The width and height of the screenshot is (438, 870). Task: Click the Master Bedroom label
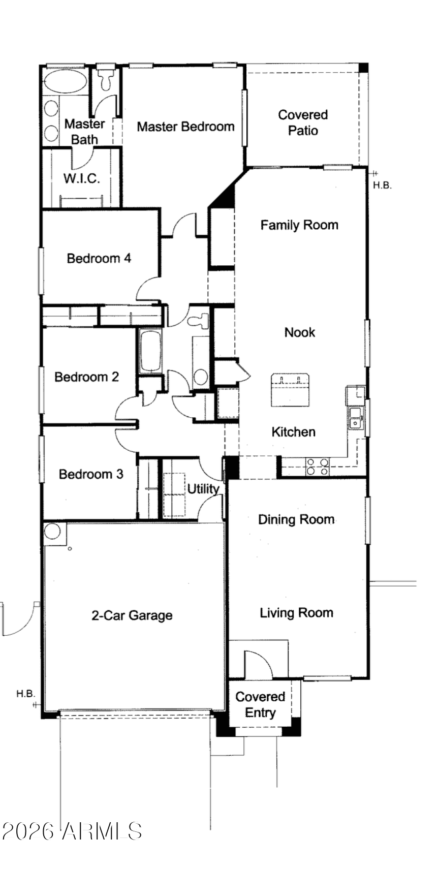(185, 127)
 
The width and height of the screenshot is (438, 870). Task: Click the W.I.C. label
(81, 179)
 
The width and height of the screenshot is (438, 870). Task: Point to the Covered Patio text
(303, 122)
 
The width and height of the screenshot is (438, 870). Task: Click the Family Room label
(299, 225)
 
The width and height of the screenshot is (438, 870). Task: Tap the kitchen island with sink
(290, 390)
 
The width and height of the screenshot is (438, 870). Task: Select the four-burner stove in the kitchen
(318, 467)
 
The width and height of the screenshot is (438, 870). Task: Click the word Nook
(300, 332)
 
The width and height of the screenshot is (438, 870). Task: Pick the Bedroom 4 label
(99, 258)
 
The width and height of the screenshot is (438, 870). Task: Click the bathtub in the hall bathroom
(150, 351)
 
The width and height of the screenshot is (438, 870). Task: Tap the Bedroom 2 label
(87, 377)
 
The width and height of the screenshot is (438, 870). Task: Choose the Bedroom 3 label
(91, 475)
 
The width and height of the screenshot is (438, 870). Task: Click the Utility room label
(203, 489)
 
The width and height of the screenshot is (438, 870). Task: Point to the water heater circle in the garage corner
(52, 532)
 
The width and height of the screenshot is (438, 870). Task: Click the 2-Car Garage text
(132, 615)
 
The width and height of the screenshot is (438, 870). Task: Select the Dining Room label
(296, 519)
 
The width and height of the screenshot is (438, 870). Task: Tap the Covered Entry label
(260, 704)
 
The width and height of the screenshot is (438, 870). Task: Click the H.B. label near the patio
(382, 185)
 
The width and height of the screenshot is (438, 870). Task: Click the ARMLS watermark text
(72, 831)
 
